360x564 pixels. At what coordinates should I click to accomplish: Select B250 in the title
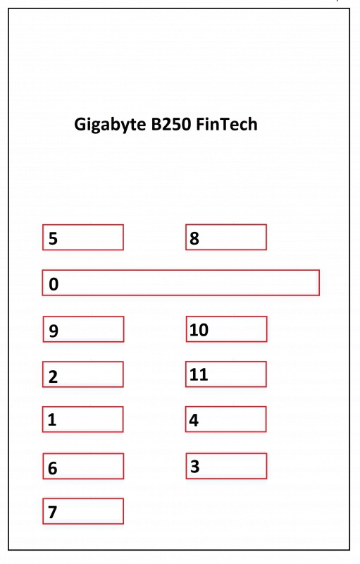pyautogui.click(x=171, y=124)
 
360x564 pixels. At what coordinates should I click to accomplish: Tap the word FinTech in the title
pyautogui.click(x=227, y=124)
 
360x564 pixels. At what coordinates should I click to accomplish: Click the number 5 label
pyautogui.click(x=53, y=238)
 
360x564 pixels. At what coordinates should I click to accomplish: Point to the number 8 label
pyautogui.click(x=194, y=238)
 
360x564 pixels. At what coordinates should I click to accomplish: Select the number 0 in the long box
pyautogui.click(x=54, y=284)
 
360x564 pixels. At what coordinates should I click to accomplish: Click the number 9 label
pyautogui.click(x=54, y=331)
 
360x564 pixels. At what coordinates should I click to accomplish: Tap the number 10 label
pyautogui.click(x=199, y=330)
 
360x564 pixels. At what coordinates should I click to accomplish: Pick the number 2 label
pyautogui.click(x=53, y=376)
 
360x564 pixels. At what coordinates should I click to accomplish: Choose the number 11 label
pyautogui.click(x=199, y=374)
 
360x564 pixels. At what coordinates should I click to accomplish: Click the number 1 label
pyautogui.click(x=52, y=419)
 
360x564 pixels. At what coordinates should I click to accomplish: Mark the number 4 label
pyautogui.click(x=194, y=420)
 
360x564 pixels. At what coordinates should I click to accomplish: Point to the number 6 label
pyautogui.click(x=52, y=468)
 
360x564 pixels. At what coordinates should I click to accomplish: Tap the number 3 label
pyautogui.click(x=194, y=466)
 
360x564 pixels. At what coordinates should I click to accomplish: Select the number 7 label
pyautogui.click(x=52, y=513)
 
